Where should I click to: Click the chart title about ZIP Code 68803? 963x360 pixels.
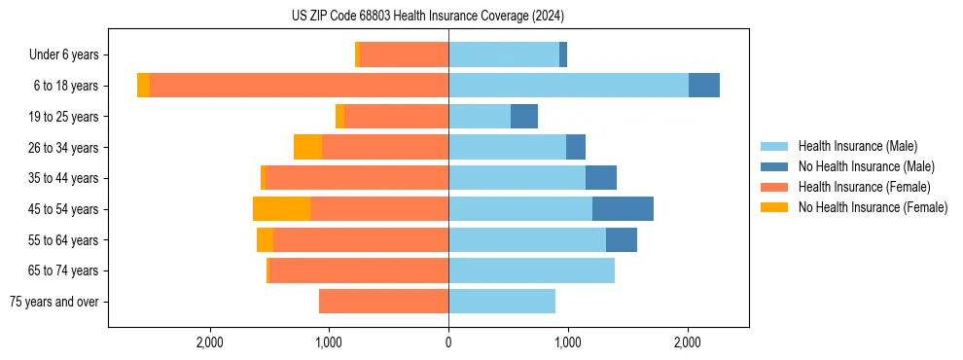427,17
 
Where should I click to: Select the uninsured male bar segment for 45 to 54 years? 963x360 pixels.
623,208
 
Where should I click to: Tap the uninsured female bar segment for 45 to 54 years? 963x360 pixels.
281,208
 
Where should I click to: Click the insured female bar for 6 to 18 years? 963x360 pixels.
299,86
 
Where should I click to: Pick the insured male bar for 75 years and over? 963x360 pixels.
502,302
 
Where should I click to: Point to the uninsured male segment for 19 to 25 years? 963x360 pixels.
524,117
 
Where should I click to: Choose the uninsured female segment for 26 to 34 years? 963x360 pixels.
307,147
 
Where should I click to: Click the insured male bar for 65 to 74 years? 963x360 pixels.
531,270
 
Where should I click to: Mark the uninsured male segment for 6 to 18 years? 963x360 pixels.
704,86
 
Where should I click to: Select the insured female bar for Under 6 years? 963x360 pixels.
404,54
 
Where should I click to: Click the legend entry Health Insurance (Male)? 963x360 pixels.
857,146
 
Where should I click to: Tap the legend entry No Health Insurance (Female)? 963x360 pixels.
873,207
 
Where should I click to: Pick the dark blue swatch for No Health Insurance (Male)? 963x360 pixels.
774,166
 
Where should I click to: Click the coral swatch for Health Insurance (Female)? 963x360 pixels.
774,187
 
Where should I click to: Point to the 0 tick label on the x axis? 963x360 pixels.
448,342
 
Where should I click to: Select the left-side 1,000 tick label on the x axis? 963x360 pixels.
329,342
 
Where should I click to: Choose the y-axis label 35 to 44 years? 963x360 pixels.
64,178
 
